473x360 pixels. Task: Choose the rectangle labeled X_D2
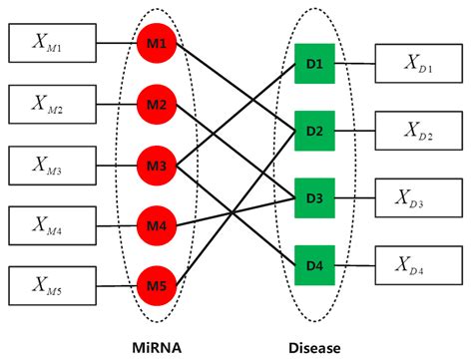click(418, 131)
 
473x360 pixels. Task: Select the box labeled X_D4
click(418, 263)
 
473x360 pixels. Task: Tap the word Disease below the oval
click(313, 347)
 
